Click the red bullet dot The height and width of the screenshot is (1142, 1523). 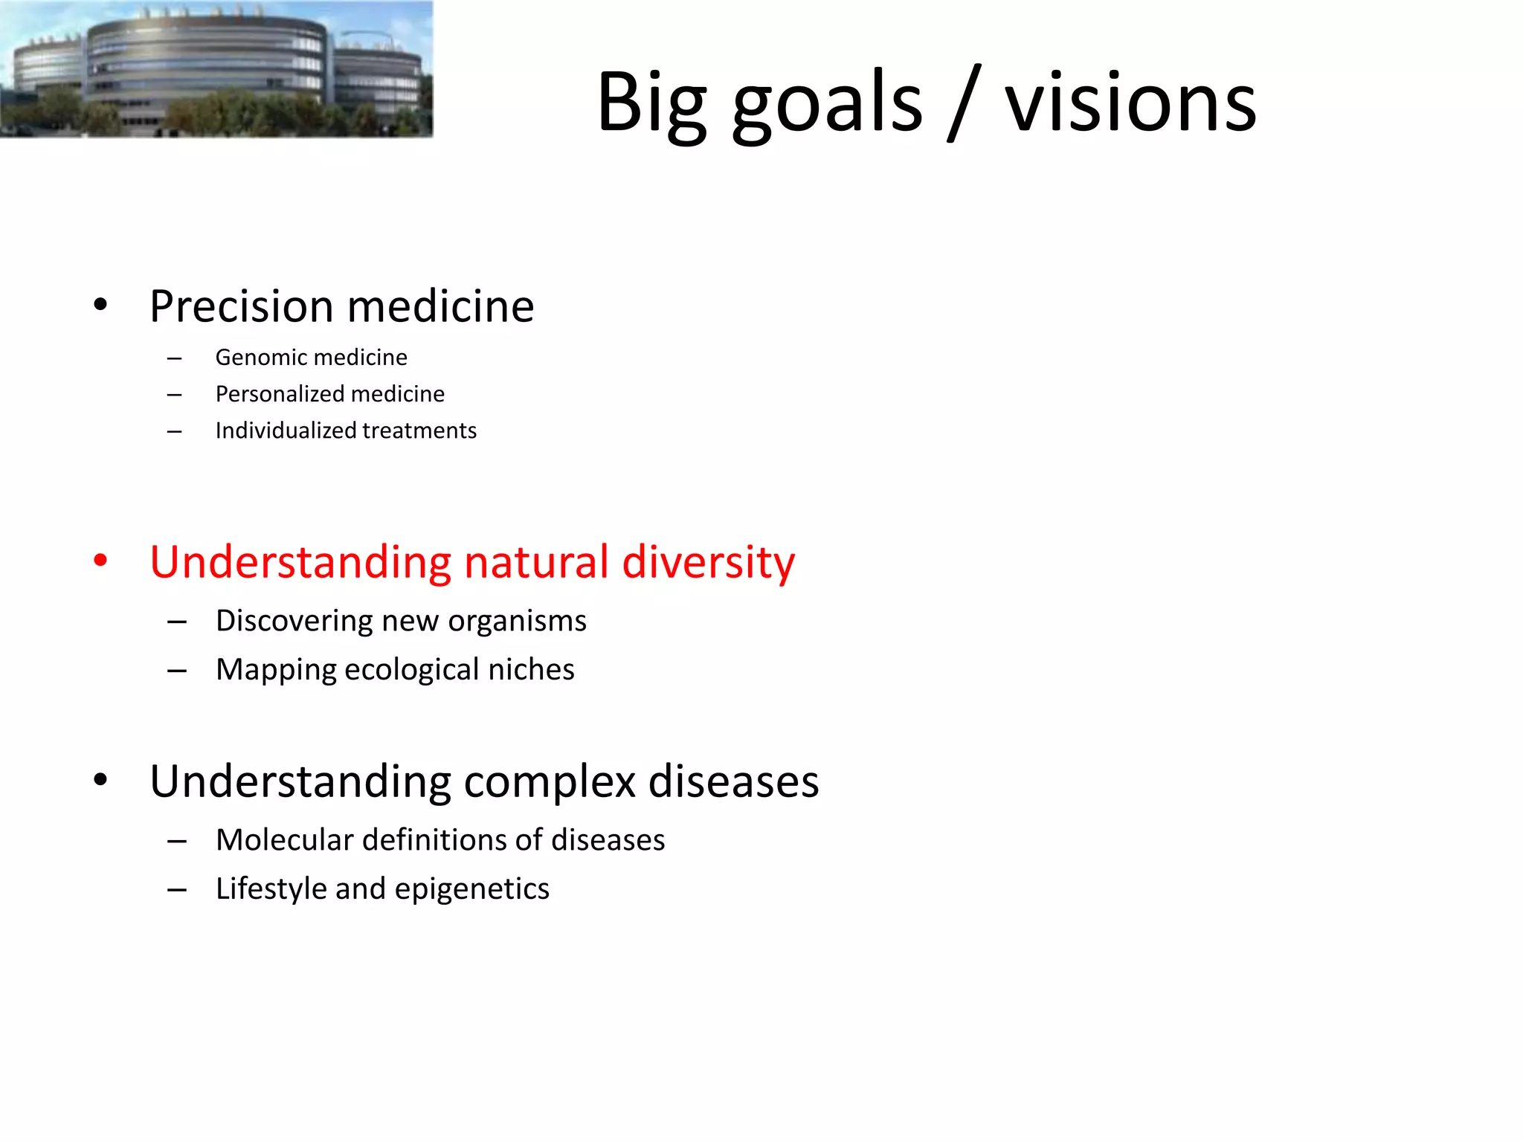coord(100,561)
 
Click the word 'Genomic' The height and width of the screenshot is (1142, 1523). coord(260,358)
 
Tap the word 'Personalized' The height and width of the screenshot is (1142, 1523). coord(279,394)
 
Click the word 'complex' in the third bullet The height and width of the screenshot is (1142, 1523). coord(550,782)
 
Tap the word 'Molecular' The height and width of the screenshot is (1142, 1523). coord(284,840)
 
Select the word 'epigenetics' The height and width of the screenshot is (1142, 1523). coord(471,889)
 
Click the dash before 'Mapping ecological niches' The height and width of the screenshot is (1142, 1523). coord(176,671)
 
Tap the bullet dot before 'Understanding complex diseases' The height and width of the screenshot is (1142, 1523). coord(100,781)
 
